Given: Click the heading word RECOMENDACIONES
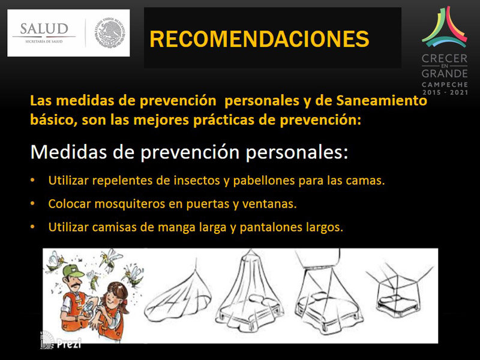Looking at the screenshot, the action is [259, 39].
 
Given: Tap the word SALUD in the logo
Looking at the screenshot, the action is [44, 29].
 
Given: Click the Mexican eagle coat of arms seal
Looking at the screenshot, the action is [110, 33].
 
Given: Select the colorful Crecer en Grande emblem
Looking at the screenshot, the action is [445, 27].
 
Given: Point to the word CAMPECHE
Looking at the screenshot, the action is [445, 85].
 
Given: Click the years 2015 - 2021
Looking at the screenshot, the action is [445, 92].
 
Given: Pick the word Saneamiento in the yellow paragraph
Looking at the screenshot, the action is [382, 101].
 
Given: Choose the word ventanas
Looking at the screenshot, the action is [269, 204].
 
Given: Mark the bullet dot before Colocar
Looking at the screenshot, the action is [32, 204].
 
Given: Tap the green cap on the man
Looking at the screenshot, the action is [73, 271].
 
